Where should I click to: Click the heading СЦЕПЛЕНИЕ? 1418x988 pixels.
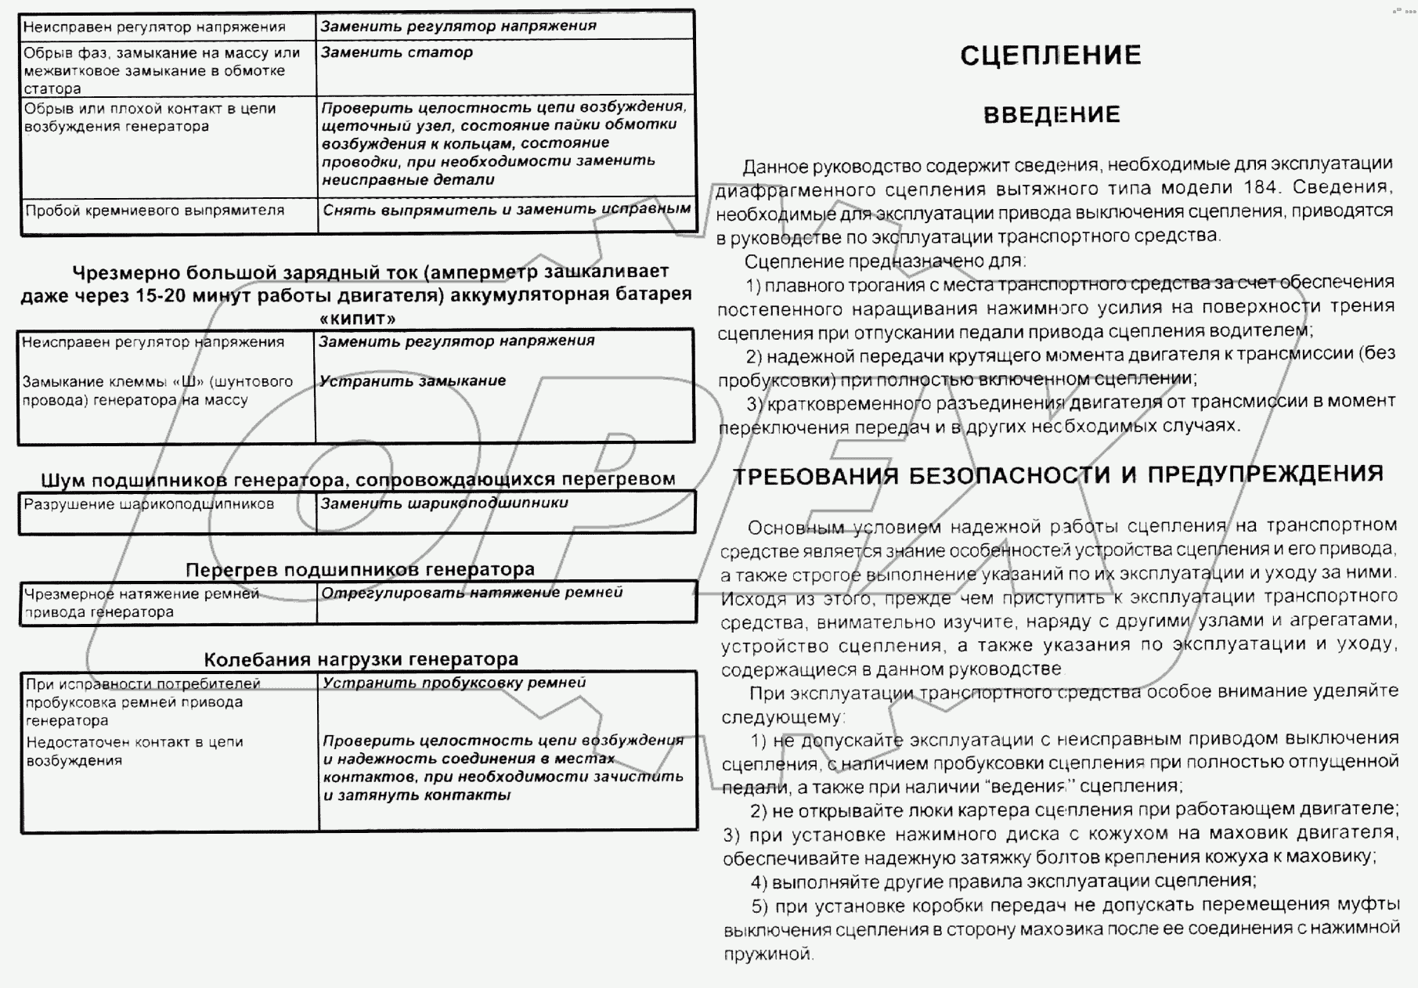[x=1050, y=56]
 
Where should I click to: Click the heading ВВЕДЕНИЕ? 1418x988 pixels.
[x=1051, y=115]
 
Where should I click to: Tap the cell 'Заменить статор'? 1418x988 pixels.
[x=396, y=52]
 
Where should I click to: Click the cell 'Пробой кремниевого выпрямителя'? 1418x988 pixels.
[x=154, y=211]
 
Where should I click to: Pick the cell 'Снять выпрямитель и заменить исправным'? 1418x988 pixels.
[x=507, y=209]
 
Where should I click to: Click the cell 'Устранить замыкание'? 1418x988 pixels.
[x=412, y=381]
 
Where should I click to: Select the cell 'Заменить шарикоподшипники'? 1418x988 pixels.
[x=444, y=503]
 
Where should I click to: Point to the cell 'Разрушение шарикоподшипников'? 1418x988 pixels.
[x=149, y=504]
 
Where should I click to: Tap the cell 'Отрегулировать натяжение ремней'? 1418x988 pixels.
[x=471, y=593]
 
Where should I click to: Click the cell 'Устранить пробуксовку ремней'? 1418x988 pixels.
[x=454, y=683]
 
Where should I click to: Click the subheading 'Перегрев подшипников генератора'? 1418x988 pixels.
[x=360, y=569]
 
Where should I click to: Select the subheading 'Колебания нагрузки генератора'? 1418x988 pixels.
[x=361, y=659]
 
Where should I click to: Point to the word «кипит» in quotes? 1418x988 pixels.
[x=358, y=318]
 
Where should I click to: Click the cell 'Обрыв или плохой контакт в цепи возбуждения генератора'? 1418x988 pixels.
[x=149, y=117]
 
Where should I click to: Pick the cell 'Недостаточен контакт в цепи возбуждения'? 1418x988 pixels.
[x=134, y=751]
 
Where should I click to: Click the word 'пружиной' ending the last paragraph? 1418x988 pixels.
[x=767, y=954]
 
